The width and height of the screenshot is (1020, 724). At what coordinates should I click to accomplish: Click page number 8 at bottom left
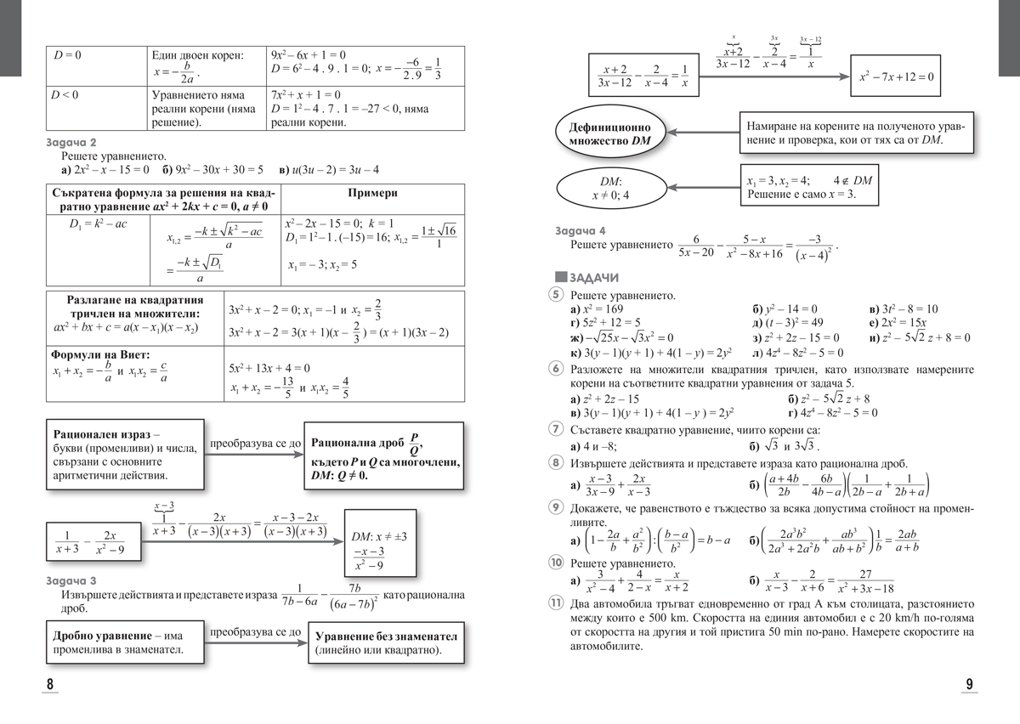coord(50,685)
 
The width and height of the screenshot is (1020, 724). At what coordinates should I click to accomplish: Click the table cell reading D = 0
coord(67,54)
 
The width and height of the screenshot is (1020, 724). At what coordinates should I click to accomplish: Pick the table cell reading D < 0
coord(67,94)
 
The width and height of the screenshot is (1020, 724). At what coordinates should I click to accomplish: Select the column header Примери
coord(372,193)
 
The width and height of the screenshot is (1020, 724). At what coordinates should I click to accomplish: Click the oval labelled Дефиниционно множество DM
coord(610,133)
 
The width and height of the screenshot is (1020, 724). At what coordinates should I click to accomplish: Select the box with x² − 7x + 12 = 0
coord(896,76)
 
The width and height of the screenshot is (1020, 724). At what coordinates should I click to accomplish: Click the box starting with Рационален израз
coord(124,454)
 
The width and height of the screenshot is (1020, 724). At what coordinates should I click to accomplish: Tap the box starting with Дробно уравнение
coord(124,643)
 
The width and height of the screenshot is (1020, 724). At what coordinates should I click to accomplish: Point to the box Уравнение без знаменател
coord(386,643)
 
